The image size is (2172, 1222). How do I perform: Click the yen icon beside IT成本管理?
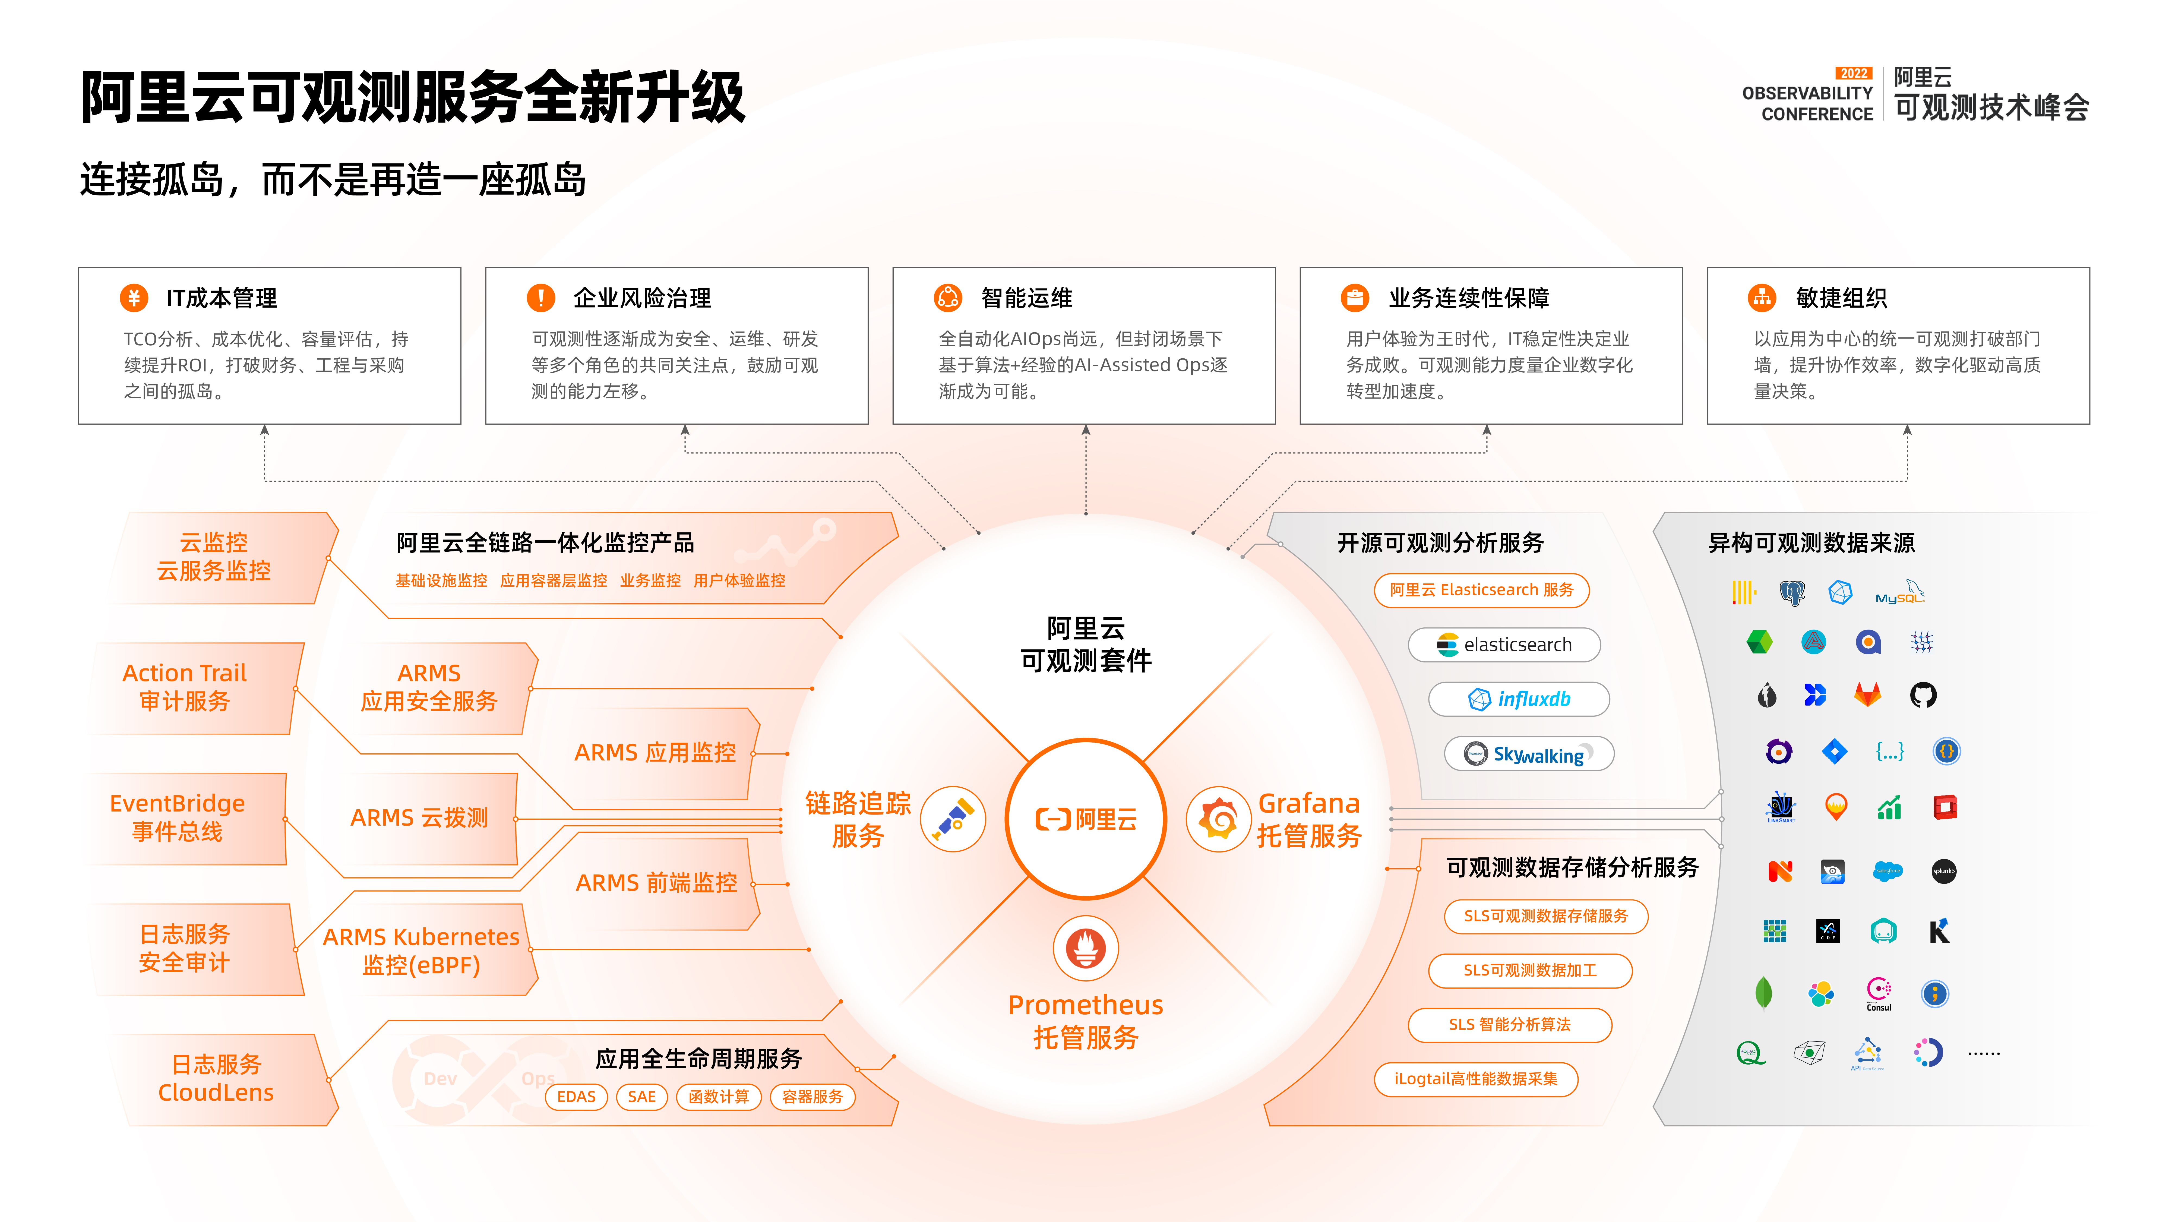point(133,298)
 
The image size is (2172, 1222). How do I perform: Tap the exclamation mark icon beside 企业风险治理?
point(540,298)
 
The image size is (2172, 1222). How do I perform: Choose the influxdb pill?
point(1519,699)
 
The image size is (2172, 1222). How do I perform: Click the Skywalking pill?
point(1529,754)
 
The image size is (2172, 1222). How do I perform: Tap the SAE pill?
point(642,1096)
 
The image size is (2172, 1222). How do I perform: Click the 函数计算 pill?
point(718,1096)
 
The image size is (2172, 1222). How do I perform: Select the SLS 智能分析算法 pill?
point(1509,1025)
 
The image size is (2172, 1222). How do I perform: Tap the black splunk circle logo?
point(1943,871)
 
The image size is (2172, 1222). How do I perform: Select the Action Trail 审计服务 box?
point(185,687)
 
